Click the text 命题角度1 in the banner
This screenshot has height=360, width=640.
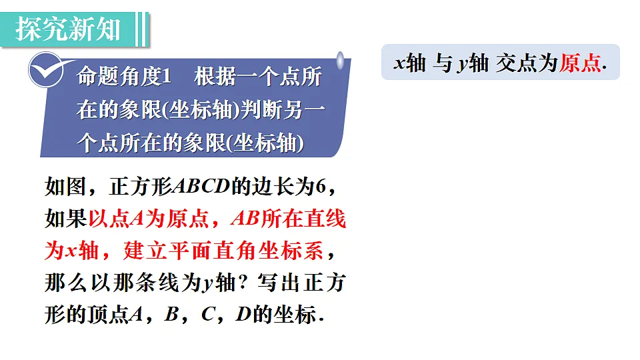tap(125, 77)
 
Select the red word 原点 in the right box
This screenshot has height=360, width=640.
tap(579, 63)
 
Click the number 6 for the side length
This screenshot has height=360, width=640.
tap(320, 187)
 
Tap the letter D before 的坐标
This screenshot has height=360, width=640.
tap(243, 315)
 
